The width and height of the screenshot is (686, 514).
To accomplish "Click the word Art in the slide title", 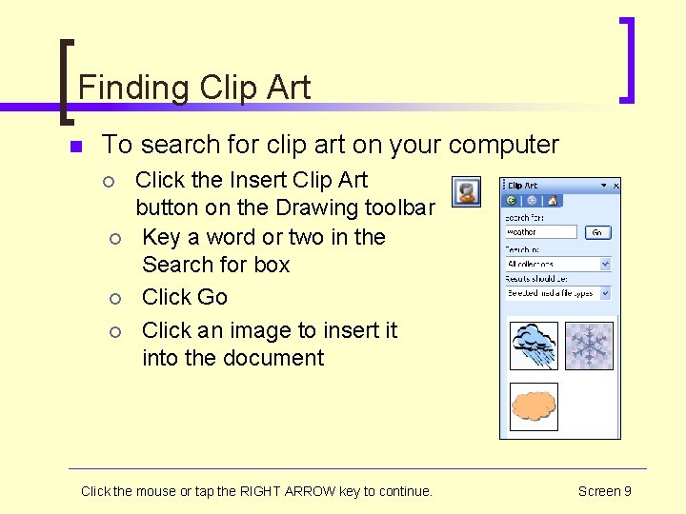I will pyautogui.click(x=290, y=89).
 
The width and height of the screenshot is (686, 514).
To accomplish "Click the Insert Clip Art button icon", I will pyautogui.click(x=465, y=191).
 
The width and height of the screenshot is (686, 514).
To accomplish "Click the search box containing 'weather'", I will pyautogui.click(x=541, y=231).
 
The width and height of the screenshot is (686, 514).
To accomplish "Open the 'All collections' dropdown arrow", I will pyautogui.click(x=605, y=264).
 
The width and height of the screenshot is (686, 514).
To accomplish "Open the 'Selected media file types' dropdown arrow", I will pyautogui.click(x=605, y=293).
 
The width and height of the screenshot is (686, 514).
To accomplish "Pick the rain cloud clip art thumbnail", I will pyautogui.click(x=534, y=346).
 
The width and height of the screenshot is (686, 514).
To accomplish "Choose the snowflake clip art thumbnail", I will pyautogui.click(x=589, y=346).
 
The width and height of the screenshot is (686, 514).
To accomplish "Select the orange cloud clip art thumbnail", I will pyautogui.click(x=534, y=406).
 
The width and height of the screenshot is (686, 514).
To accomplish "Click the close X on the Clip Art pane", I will pyautogui.click(x=615, y=186).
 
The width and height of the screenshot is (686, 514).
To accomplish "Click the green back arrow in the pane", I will pyautogui.click(x=512, y=201).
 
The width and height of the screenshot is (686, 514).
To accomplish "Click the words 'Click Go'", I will pyautogui.click(x=185, y=297).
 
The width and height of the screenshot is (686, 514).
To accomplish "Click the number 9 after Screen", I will pyautogui.click(x=627, y=491).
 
